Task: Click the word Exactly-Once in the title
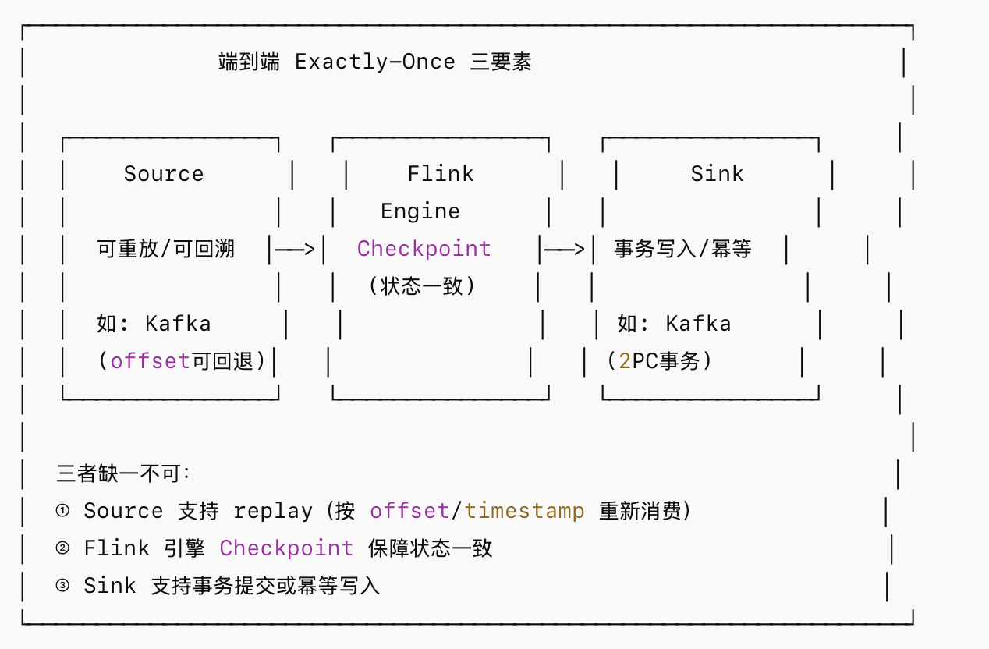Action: (x=375, y=62)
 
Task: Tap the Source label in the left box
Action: (x=164, y=173)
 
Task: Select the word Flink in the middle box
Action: (x=441, y=173)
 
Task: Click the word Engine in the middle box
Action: (x=420, y=211)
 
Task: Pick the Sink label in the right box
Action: (x=717, y=173)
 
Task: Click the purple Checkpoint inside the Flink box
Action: (x=424, y=249)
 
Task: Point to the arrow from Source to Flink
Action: (x=295, y=250)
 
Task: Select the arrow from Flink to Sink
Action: (x=564, y=250)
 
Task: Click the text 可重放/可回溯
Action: (x=165, y=249)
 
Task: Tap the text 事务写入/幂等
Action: (x=682, y=249)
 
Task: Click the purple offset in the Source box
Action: (x=150, y=361)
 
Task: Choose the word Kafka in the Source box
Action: (x=178, y=324)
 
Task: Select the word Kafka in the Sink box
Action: (x=699, y=324)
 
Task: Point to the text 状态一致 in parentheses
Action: (x=422, y=286)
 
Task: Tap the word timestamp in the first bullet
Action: (x=524, y=511)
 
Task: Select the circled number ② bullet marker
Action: (x=62, y=548)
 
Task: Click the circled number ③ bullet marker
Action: (x=62, y=586)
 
